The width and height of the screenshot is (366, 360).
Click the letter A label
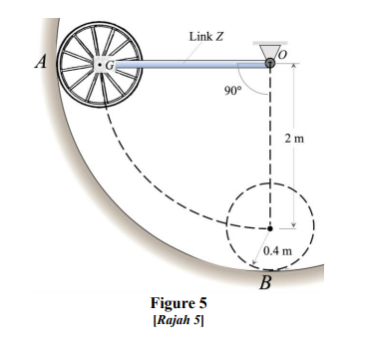pos(40,61)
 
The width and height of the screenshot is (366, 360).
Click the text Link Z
pos(205,37)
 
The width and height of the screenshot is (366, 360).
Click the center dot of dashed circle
pos(271,227)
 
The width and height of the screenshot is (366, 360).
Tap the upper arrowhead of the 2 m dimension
pos(293,71)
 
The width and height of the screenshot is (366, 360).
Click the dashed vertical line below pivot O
pos(271,150)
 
